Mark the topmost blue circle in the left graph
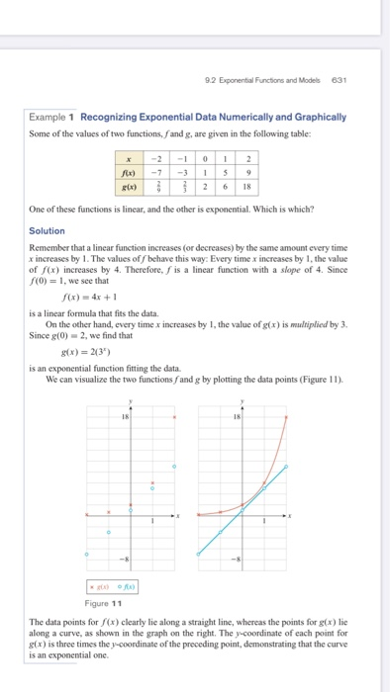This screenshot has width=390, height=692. [x=175, y=466]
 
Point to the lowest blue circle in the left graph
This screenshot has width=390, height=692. [x=87, y=554]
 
